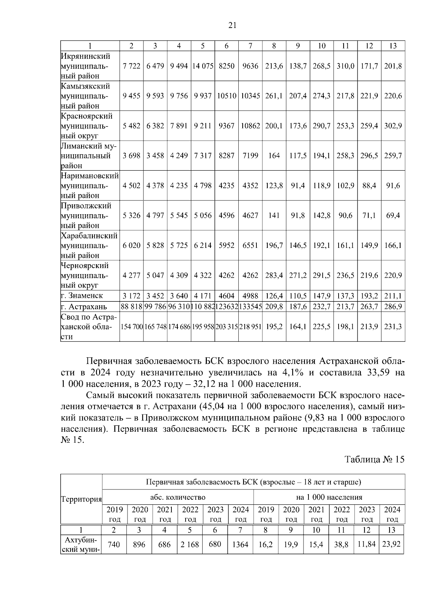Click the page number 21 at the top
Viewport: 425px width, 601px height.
(232, 25)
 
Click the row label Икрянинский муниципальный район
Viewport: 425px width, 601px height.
(85, 66)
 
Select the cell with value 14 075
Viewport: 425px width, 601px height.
(203, 66)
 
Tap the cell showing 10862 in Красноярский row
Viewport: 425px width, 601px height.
(250, 126)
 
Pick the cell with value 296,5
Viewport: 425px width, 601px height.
(369, 156)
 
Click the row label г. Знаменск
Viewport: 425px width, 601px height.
(82, 295)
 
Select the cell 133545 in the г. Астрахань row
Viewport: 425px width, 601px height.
(250, 306)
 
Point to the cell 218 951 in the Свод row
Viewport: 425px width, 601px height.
(250, 327)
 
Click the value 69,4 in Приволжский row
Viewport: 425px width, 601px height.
(393, 216)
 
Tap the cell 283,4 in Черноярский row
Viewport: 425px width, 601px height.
(274, 276)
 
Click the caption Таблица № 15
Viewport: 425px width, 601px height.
(374, 459)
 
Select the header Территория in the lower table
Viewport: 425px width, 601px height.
(81, 499)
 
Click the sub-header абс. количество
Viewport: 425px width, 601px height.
(178, 497)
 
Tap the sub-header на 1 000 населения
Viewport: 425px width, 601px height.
(329, 497)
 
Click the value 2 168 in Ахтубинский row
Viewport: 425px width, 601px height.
(189, 544)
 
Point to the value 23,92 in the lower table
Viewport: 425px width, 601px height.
(391, 544)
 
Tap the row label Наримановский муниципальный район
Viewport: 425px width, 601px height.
(89, 186)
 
